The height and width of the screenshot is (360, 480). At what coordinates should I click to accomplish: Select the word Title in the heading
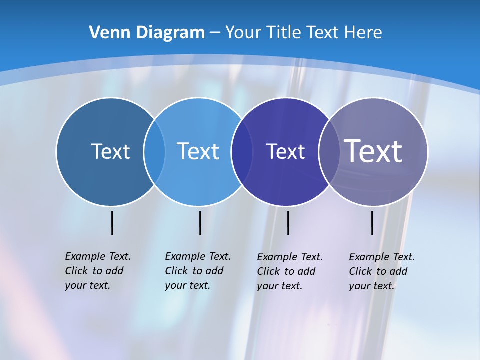click(x=284, y=32)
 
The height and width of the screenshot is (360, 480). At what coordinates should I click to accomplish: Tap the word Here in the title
click(x=363, y=32)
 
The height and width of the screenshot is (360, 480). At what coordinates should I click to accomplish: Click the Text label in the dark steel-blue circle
click(x=110, y=151)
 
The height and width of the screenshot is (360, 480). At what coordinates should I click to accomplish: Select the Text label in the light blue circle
click(x=198, y=151)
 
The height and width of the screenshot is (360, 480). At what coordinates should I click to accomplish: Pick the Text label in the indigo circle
click(x=285, y=151)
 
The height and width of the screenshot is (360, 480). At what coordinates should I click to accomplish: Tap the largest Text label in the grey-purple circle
click(x=373, y=151)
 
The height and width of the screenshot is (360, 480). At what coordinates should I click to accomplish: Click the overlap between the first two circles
click(x=154, y=151)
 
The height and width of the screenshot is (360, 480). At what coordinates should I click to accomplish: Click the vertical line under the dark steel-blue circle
click(x=112, y=223)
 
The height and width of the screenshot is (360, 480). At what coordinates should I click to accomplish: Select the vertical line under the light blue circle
click(x=200, y=223)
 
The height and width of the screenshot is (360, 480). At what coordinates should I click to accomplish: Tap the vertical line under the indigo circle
click(x=288, y=223)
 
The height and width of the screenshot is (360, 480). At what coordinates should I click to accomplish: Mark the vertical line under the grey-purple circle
click(x=372, y=223)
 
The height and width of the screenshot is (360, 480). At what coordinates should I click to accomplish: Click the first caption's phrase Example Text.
click(x=98, y=256)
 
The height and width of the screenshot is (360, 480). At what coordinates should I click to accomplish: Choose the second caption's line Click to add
click(x=194, y=271)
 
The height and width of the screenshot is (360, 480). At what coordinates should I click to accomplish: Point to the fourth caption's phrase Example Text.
click(x=382, y=257)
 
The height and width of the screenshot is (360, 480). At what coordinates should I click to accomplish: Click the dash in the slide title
click(x=215, y=33)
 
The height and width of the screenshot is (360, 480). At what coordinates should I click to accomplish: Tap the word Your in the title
click(x=243, y=32)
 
